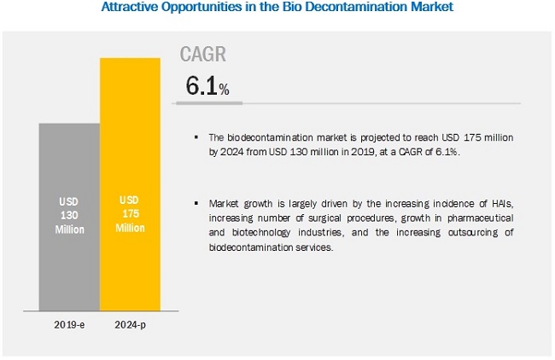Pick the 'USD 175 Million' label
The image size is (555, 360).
[x=131, y=214]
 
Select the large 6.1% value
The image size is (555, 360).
[x=207, y=86]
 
